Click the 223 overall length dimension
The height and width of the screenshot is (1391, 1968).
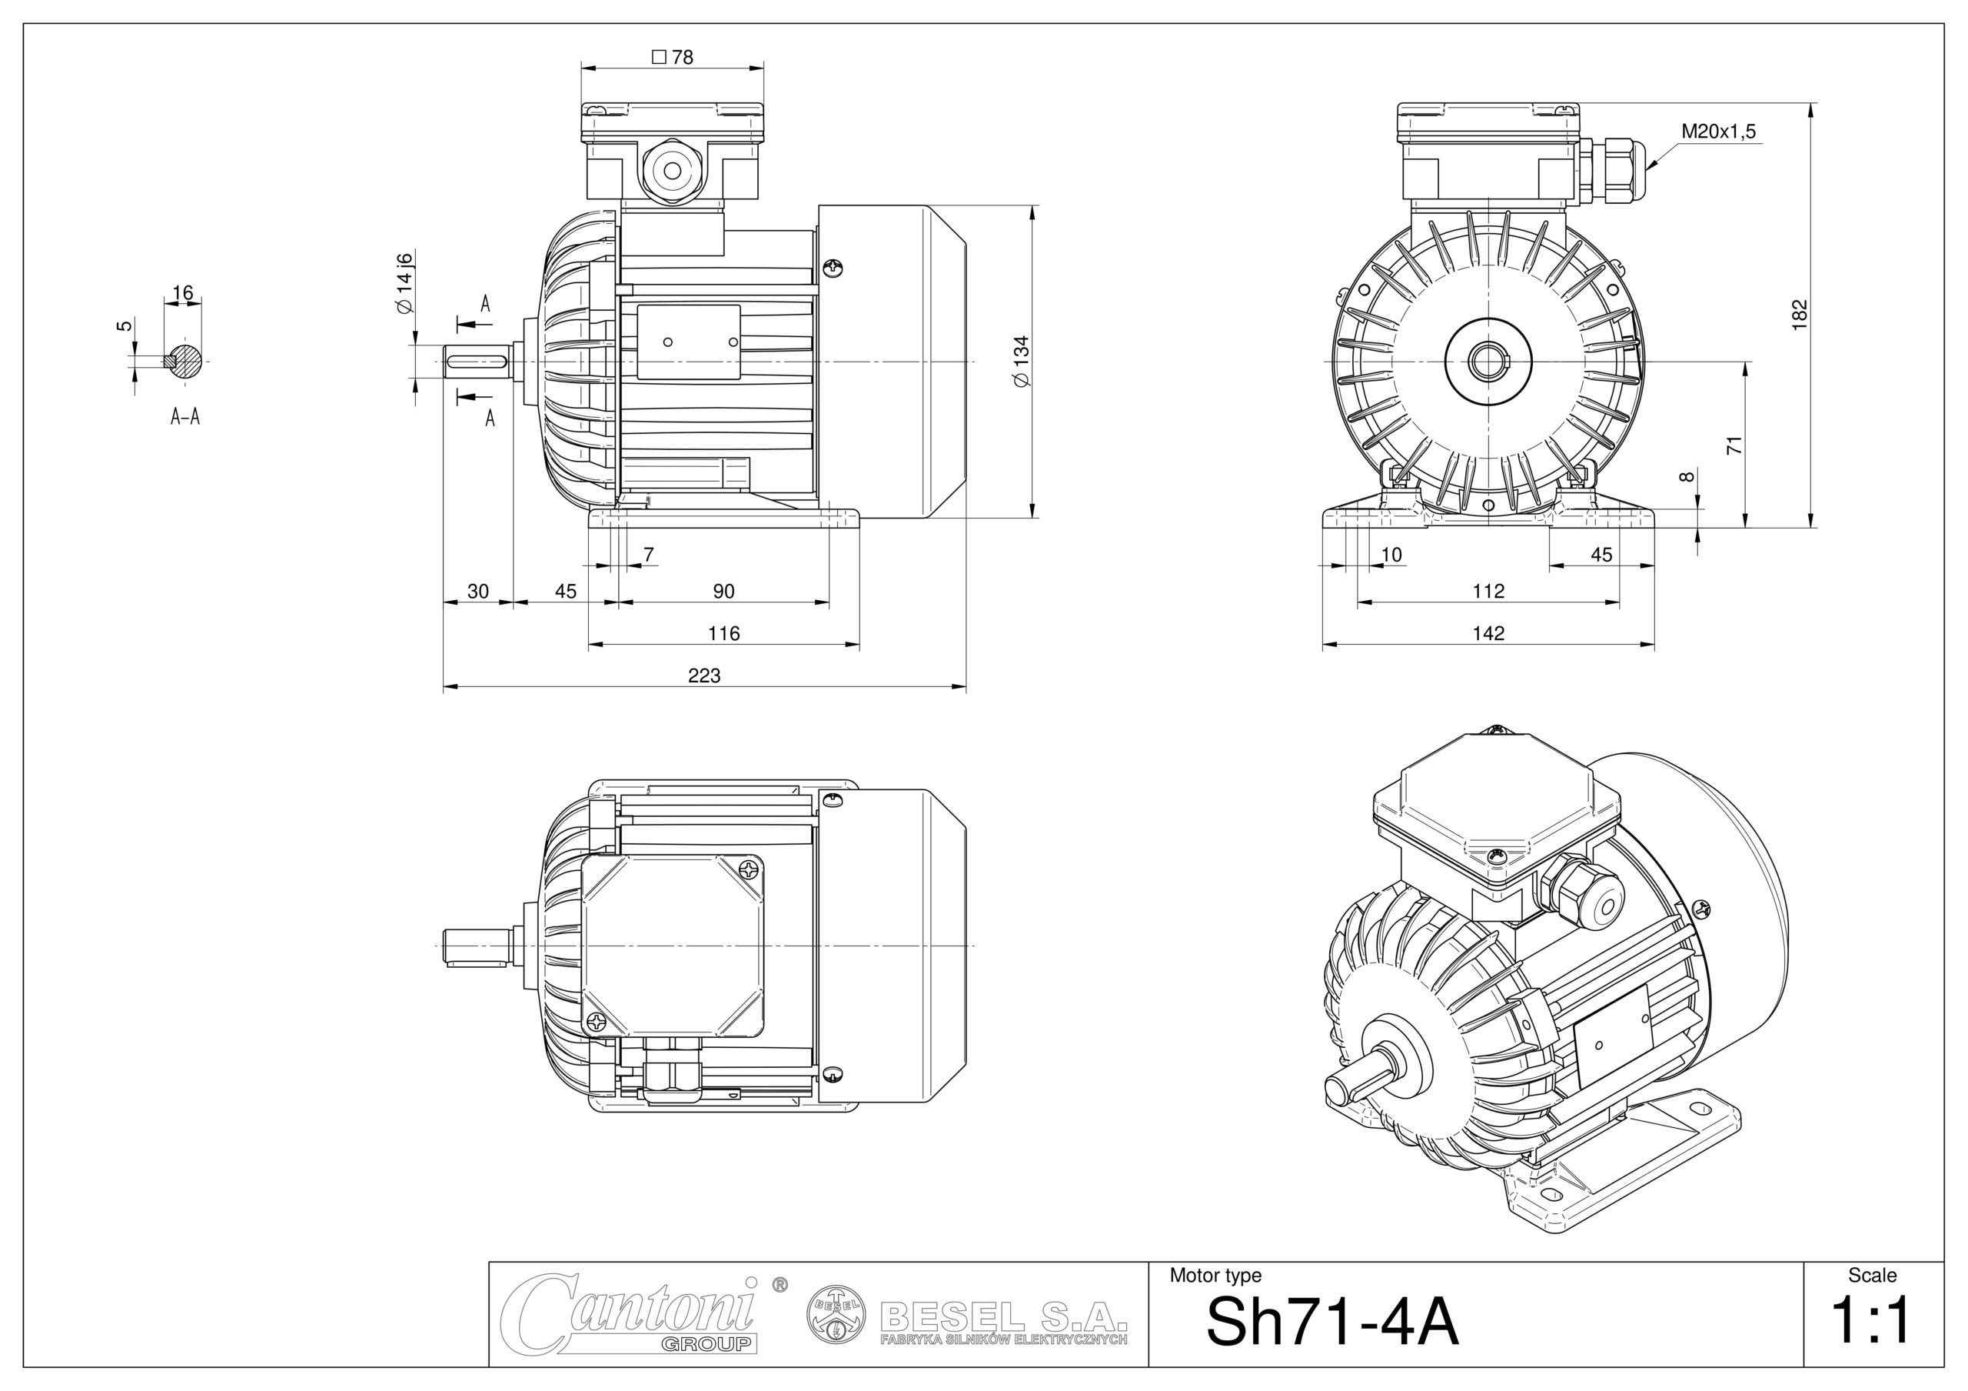[703, 675]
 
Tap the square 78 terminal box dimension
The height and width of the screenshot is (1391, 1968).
[673, 58]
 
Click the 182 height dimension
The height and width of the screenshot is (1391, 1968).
[1799, 313]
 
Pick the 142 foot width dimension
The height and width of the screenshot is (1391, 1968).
[1488, 634]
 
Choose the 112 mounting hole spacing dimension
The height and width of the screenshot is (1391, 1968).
[1488, 592]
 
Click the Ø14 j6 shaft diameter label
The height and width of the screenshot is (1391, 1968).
[404, 284]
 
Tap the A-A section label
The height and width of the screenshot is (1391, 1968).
[185, 418]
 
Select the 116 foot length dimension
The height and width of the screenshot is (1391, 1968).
[723, 634]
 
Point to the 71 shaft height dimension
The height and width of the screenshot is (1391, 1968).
[1734, 445]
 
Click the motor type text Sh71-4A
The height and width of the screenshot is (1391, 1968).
[1331, 1322]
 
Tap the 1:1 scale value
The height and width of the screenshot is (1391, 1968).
[1871, 1321]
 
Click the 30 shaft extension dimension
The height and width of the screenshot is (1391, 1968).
[477, 592]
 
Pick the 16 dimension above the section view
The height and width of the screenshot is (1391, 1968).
[182, 293]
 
